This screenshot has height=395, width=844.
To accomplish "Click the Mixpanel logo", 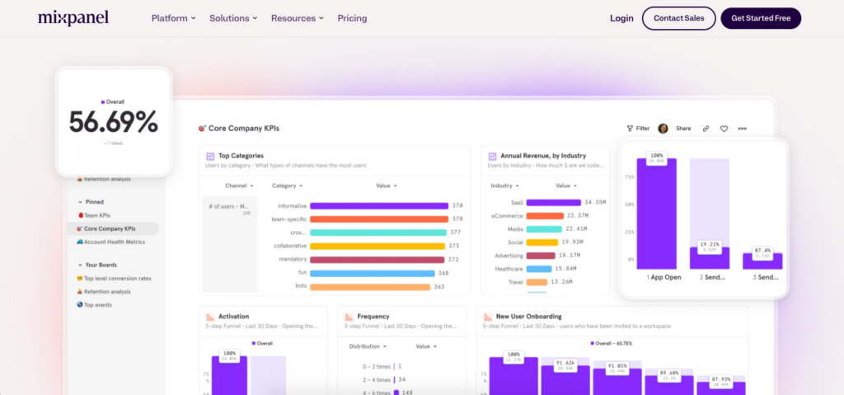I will point(73,17).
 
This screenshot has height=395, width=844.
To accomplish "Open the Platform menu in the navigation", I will point(173,18).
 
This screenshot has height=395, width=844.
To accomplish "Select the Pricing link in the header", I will point(352,18).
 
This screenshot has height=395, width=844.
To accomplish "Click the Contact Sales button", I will point(678,18).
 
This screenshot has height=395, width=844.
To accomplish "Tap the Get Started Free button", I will point(760,18).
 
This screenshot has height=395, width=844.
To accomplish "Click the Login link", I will point(621,18).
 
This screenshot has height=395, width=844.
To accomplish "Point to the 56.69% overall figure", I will point(113,122).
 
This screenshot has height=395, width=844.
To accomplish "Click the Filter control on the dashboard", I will point(638,129).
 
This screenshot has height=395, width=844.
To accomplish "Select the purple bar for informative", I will point(377,205).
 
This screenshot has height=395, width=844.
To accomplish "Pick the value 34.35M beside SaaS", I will point(595,202).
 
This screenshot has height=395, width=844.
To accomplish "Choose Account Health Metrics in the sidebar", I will point(114,242).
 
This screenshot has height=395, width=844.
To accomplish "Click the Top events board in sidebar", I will point(103,304).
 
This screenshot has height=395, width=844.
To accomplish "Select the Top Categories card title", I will point(241,155).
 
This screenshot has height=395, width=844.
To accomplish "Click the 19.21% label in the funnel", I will point(710,245).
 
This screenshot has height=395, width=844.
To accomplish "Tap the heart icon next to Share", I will point(724,129).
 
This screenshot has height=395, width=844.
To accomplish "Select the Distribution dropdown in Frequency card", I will point(367,346).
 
